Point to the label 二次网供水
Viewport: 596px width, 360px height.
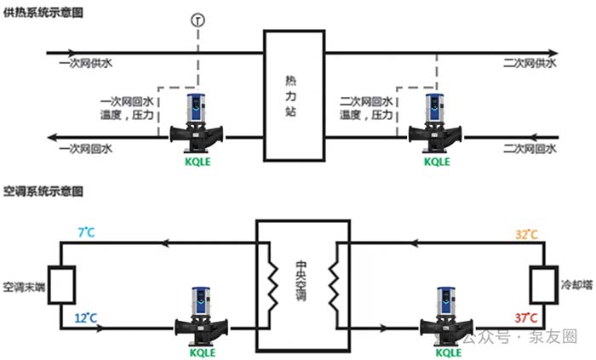coord(529,64)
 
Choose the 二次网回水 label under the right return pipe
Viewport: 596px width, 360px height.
coord(529,149)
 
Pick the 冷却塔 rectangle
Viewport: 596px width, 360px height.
coord(542,283)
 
